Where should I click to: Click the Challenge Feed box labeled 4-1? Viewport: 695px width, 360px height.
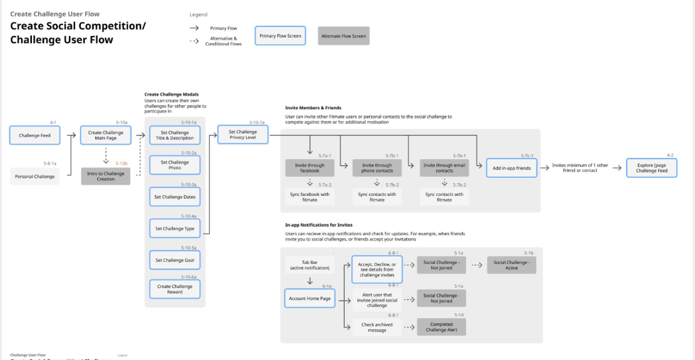(35, 136)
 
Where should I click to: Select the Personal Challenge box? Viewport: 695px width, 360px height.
(35, 177)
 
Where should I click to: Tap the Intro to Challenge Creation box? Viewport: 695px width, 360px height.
(105, 176)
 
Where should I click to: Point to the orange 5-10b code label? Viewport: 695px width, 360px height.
(121, 164)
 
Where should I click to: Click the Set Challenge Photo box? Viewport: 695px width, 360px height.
(175, 165)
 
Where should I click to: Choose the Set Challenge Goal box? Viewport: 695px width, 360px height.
(175, 260)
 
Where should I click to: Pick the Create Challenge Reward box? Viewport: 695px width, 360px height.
(175, 289)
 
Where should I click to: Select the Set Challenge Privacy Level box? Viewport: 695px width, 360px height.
(243, 135)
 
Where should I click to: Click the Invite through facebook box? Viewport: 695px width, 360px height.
(310, 168)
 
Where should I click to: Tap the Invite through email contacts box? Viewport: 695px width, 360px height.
(444, 168)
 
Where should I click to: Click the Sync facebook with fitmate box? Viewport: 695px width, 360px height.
(310, 197)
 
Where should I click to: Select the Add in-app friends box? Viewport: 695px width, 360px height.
(511, 168)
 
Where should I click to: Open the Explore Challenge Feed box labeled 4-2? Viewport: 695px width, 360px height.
(652, 168)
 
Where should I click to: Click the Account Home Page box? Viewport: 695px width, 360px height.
(310, 299)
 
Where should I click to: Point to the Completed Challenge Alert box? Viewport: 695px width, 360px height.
(441, 327)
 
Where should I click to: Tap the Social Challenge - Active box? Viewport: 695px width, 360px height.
(511, 265)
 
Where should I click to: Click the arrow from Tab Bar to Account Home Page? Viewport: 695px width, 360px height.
(310, 281)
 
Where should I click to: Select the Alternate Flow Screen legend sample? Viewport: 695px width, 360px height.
(343, 36)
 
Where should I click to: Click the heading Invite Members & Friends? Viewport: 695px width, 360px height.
(313, 108)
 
